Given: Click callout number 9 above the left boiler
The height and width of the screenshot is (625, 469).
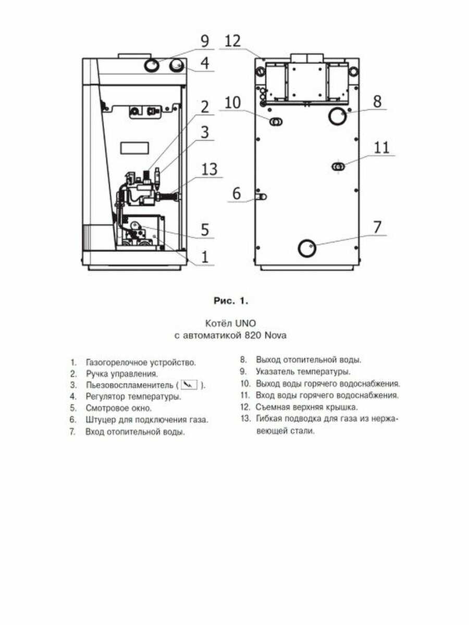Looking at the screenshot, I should coord(204,41).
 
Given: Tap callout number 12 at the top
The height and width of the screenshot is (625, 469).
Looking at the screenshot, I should coord(233,41).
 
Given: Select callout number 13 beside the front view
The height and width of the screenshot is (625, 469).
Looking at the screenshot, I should coord(209,170).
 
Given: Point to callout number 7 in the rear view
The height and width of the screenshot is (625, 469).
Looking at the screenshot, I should coord(377,228).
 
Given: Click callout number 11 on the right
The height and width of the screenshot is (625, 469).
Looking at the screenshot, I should coord(382,147).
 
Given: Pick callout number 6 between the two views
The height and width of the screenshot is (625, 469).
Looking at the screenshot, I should coord(237,194).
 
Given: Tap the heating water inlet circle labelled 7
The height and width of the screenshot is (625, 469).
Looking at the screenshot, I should coord(306,247).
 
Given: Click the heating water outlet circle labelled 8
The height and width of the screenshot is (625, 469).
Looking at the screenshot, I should coord(337,116).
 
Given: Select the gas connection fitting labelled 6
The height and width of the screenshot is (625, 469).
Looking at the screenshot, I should coord(262,197).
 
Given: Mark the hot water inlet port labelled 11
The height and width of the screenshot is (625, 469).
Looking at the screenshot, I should coord(338,166).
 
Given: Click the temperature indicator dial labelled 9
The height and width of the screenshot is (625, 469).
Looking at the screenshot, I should coord(151,65).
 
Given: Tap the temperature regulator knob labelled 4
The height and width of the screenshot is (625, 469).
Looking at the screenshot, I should coord(177,66).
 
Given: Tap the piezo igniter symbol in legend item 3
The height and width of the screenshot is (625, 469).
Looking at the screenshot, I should coord(191,385).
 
